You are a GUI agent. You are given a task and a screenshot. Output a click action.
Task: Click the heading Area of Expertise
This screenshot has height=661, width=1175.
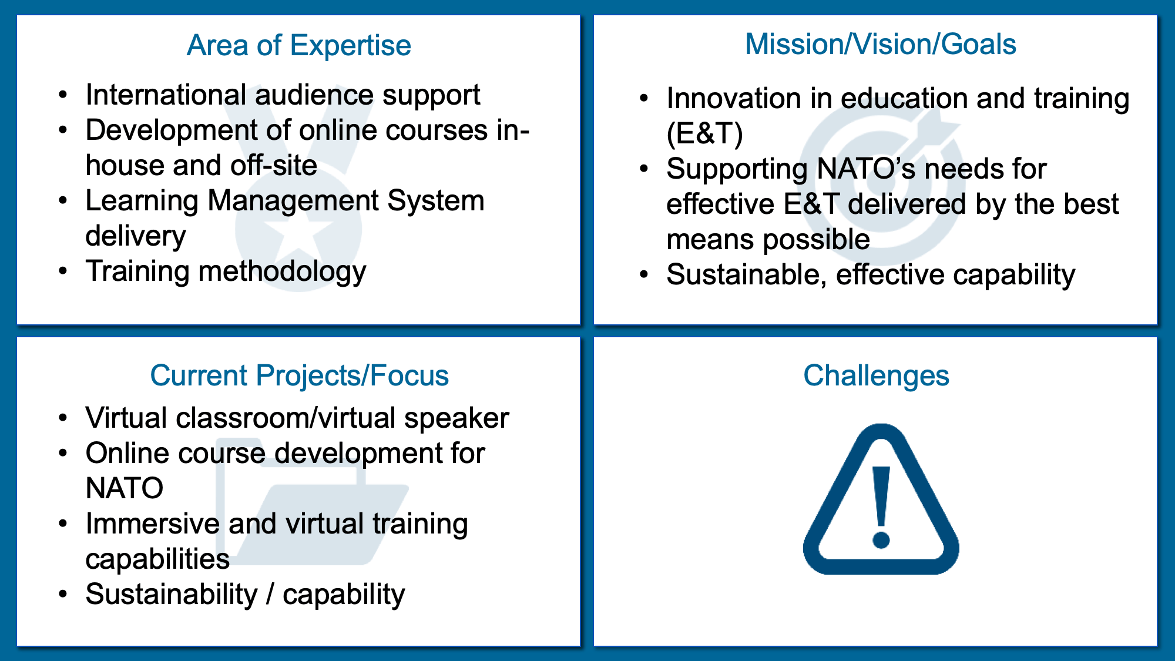[298, 45]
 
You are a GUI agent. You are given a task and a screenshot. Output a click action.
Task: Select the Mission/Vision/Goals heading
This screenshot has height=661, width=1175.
[880, 44]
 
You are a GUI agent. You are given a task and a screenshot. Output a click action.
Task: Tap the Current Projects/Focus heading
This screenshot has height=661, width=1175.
[299, 375]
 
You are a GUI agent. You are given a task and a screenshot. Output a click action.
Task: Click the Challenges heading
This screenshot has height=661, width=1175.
[876, 375]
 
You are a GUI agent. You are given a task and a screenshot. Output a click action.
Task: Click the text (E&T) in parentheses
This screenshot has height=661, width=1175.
[704, 134]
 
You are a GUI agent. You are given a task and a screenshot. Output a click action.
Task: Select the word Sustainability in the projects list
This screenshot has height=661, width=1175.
[172, 595]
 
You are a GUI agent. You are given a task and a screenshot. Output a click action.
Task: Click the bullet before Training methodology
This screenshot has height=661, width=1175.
[63, 271]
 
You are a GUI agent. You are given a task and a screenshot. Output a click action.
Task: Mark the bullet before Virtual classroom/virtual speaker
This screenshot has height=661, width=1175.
[63, 418]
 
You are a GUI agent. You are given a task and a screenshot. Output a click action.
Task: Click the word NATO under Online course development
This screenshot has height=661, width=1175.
[125, 488]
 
